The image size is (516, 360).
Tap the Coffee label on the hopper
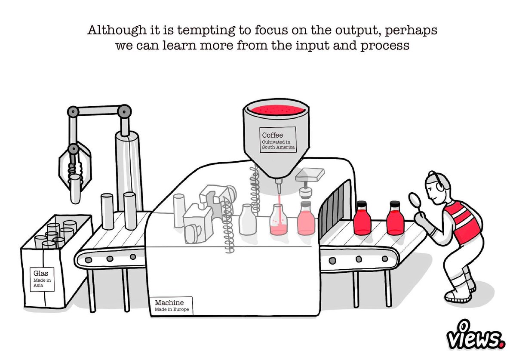tap(278, 140)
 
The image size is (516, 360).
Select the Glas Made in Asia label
tap(42, 279)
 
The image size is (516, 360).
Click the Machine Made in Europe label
tap(172, 305)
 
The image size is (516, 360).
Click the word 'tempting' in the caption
tap(206, 31)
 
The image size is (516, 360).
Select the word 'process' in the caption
tap(385, 46)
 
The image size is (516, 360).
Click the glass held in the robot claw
tap(75, 189)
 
